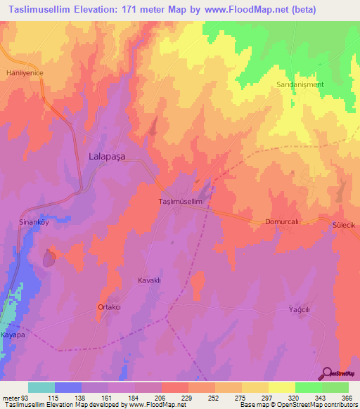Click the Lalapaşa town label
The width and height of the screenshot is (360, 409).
[x=106, y=158]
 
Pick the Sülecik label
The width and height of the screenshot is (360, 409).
[x=345, y=225]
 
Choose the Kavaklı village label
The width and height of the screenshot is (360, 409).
[x=149, y=280]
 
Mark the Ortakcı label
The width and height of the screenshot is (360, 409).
[x=109, y=307]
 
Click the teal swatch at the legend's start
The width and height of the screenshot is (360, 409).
[x=41, y=387]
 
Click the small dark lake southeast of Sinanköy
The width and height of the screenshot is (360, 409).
[x=49, y=259]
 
